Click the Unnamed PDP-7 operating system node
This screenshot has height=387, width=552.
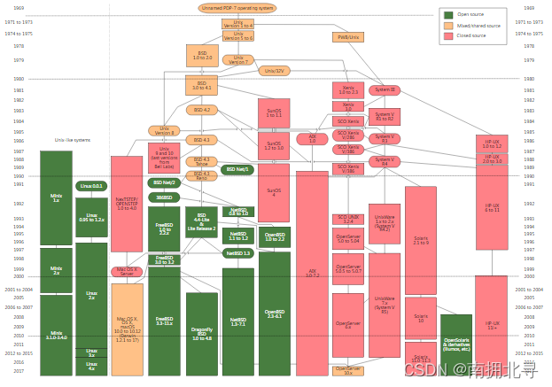click(237, 8)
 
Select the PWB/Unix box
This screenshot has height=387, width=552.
click(348, 37)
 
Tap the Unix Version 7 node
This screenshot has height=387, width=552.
click(237, 60)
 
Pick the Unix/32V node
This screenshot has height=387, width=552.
click(276, 71)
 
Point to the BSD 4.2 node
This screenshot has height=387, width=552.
click(202, 110)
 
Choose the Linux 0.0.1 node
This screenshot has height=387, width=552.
click(91, 186)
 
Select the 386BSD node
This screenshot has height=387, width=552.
click(164, 197)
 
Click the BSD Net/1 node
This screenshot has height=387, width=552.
click(237, 169)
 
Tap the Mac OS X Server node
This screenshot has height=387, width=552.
click(127, 271)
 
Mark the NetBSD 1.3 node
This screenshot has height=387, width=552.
click(238, 253)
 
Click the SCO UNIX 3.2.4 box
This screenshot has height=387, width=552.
click(348, 219)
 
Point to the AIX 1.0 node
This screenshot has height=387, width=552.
click(311, 139)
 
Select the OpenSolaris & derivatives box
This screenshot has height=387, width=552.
click(456, 343)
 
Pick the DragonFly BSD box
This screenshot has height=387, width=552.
click(201, 334)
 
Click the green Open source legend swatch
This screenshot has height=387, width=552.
click(450, 15)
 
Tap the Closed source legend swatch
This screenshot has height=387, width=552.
click(450, 36)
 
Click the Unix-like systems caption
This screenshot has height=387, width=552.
click(73, 140)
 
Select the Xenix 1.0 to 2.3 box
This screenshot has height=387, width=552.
click(348, 90)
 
